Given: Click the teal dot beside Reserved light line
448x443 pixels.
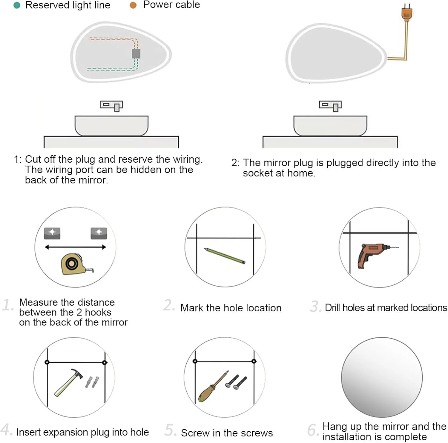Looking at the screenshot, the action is pos(17,5).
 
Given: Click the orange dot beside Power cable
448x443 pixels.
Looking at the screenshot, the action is pos(133,5).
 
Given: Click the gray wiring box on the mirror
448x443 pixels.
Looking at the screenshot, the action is pos(136,54).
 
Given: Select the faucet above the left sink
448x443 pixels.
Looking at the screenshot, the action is pos(112,106).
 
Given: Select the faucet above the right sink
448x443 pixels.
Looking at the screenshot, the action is pos(330,106).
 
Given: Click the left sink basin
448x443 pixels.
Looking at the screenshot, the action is pos(111,126).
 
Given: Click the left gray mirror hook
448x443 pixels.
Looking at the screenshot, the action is pos(52,233).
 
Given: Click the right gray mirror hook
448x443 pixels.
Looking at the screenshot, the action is pos(99,233).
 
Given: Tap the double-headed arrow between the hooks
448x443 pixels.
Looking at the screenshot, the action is pos(75,247).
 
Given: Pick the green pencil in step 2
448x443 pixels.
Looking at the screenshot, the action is pos(225,256).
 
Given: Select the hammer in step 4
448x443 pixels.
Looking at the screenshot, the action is pos(68,382).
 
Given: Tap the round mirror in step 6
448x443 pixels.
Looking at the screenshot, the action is pos(382,377).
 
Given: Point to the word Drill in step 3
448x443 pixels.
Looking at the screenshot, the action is pos(332,307).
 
